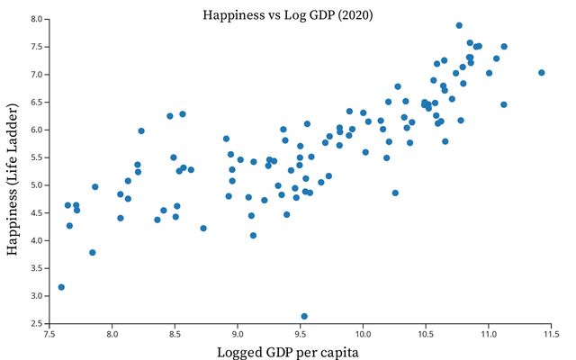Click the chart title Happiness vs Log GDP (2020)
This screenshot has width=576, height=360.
pos(288,15)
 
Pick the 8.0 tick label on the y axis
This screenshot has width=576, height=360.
pos(35,19)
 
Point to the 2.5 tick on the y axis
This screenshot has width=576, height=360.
pos(35,323)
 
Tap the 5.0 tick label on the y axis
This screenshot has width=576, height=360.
pos(35,185)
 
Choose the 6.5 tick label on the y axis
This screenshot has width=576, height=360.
pos(35,102)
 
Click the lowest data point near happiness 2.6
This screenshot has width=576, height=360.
pos(304,317)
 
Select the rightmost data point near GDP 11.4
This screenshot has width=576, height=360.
pos(542,73)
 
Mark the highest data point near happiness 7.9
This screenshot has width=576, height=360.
pos(459,25)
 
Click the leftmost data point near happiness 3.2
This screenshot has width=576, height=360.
pos(61,287)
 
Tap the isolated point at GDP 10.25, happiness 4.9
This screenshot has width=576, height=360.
pos(395,193)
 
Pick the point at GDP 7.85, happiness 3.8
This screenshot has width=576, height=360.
pos(93,253)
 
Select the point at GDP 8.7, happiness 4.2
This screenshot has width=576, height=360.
pos(203,229)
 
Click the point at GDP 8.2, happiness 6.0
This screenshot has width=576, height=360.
pos(141,130)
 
